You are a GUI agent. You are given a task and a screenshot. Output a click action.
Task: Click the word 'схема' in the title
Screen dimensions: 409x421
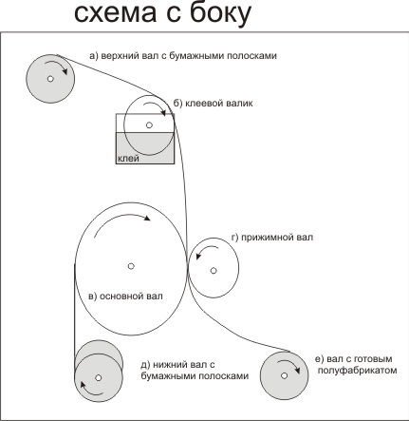[x=116, y=13]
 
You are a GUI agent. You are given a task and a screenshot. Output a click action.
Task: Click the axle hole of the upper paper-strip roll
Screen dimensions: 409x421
[x=50, y=79]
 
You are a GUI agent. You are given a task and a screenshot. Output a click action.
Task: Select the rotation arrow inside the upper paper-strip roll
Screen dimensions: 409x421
[x=57, y=66]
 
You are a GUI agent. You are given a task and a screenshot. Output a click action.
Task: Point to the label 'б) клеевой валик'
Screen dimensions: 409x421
[x=214, y=104]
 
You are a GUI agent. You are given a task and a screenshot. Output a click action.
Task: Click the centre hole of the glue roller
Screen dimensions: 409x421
[x=149, y=125]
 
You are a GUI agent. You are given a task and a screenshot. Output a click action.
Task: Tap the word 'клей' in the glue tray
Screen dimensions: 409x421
[x=128, y=158]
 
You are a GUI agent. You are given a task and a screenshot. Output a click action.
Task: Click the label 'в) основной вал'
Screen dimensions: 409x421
[x=125, y=297]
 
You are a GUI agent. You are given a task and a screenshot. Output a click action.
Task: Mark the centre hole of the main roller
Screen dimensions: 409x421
[x=131, y=266]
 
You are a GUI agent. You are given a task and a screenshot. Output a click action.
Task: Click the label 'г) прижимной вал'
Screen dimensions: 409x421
[x=272, y=238]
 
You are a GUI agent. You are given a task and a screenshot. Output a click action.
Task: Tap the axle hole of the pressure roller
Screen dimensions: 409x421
[x=214, y=271]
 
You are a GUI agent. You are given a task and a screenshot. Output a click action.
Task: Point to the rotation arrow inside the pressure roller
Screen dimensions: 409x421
[x=206, y=248]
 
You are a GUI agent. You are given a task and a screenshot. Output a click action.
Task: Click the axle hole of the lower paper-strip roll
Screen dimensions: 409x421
[x=98, y=377]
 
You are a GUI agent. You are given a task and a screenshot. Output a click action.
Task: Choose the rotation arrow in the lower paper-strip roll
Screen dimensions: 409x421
[x=89, y=392]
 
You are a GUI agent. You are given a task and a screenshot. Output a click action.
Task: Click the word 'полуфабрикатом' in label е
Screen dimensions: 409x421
[x=357, y=370]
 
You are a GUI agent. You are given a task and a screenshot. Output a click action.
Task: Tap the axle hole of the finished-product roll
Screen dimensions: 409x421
[x=284, y=375]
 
